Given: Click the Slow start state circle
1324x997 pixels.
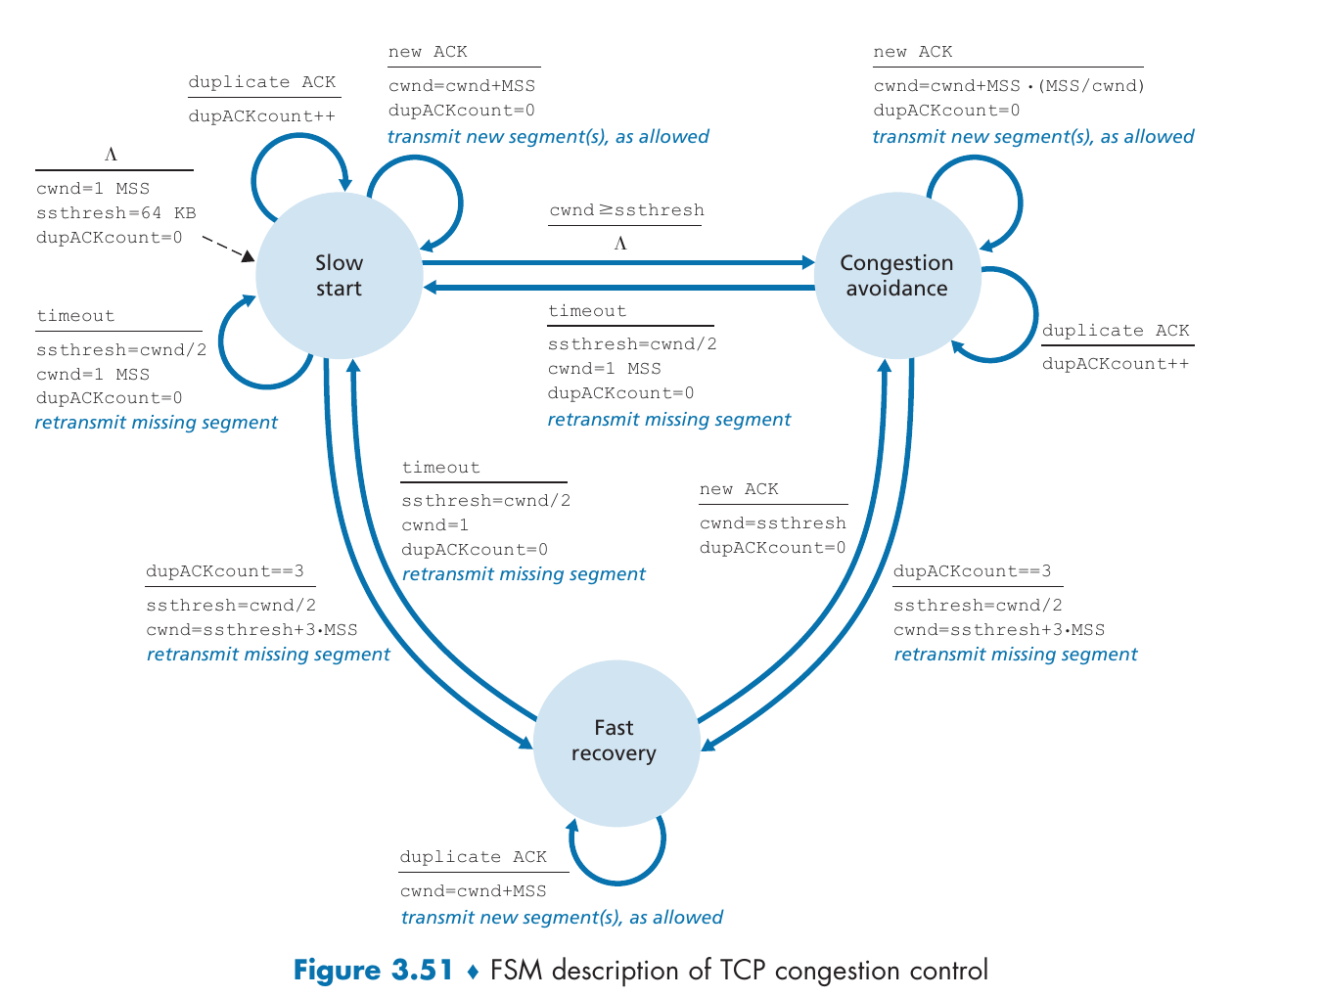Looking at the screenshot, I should click(339, 275).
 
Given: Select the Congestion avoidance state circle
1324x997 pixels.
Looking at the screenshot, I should click(896, 275).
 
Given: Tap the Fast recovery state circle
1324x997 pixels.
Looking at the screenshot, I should click(615, 741).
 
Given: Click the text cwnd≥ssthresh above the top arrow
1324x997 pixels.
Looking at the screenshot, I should click(626, 210).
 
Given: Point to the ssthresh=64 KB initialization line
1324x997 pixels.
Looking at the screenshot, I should click(115, 213).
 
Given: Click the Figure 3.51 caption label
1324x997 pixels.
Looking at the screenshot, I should click(374, 971).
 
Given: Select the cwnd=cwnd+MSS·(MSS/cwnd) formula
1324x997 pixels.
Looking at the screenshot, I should click(1009, 86).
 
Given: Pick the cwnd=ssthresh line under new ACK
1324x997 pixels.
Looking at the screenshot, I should click(772, 523).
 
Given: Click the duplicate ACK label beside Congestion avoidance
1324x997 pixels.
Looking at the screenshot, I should click(1116, 331).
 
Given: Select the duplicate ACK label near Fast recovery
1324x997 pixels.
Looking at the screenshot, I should click(474, 857).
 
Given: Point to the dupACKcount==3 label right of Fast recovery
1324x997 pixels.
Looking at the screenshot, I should click(972, 571).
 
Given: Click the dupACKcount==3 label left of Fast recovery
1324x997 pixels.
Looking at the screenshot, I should click(225, 571).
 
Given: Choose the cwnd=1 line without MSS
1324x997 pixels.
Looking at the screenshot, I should click(434, 525).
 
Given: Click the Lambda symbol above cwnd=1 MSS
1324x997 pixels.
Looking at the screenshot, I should click(111, 155).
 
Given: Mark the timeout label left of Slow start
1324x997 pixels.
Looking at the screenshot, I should click(75, 316).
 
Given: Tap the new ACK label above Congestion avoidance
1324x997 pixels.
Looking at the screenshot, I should click(912, 52).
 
